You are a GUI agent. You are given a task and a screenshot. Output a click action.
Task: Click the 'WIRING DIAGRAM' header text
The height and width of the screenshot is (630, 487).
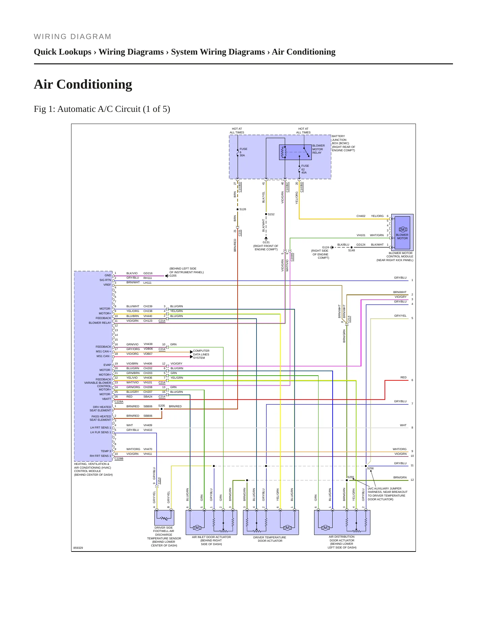click(72, 37)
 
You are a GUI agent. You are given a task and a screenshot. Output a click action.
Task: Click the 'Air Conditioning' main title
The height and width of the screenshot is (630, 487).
click(83, 84)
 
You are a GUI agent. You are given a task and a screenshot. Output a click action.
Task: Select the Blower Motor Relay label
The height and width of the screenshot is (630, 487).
click(318, 149)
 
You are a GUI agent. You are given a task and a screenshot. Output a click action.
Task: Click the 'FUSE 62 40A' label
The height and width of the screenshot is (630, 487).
click(305, 169)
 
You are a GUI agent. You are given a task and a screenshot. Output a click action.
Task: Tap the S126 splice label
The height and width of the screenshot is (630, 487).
click(243, 209)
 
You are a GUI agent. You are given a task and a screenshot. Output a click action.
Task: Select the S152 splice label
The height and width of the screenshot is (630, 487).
click(271, 214)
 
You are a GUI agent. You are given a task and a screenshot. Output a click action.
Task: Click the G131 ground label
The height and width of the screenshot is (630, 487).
click(266, 242)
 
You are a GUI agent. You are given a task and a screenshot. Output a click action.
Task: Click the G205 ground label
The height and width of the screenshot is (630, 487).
click(173, 276)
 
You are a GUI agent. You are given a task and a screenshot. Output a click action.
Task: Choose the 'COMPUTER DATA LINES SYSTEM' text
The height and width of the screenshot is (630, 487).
click(201, 354)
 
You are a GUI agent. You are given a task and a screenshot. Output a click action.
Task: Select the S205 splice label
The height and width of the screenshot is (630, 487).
click(162, 406)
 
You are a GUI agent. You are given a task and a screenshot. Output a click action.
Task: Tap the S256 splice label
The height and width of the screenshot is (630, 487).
click(370, 468)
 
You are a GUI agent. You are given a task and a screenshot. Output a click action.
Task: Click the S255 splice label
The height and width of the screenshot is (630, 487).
click(351, 477)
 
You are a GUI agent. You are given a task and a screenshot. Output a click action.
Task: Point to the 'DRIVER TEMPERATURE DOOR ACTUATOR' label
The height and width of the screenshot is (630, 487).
click(270, 539)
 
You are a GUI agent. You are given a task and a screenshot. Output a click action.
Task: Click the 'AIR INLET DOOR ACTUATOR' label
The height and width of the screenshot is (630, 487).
click(211, 537)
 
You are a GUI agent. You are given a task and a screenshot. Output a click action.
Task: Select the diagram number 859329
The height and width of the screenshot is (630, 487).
click(78, 548)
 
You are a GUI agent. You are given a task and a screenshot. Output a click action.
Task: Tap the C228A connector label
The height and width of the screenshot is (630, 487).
click(119, 402)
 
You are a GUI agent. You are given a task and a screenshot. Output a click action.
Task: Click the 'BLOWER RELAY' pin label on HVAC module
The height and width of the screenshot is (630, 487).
click(100, 323)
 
